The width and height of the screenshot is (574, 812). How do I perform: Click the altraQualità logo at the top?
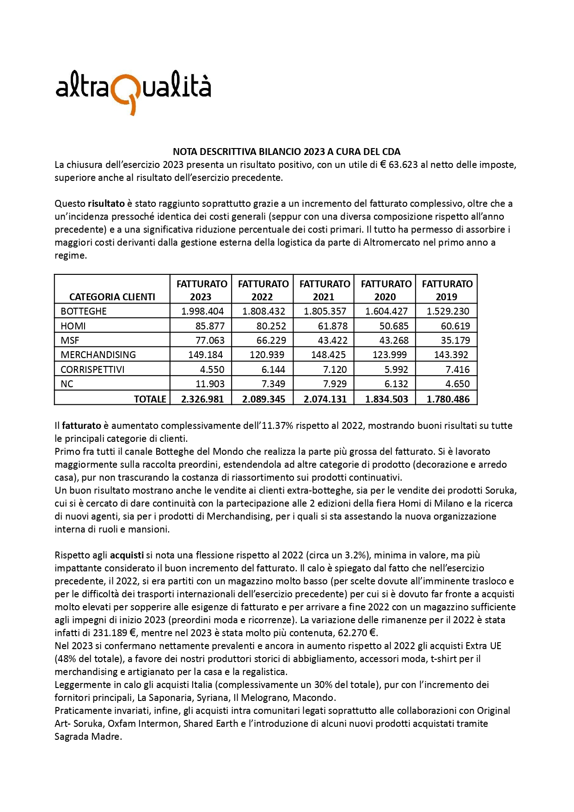133,89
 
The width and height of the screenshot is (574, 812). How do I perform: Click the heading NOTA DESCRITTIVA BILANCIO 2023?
287,151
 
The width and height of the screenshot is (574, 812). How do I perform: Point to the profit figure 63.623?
403,165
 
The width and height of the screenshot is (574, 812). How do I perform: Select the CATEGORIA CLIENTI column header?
112,297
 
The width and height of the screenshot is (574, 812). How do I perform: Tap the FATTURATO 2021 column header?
324,290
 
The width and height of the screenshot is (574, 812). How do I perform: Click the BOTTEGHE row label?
84,311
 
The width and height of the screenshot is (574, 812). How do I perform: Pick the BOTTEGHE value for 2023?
202,311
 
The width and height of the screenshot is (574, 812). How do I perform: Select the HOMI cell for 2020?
394,326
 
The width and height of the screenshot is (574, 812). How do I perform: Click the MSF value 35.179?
455,340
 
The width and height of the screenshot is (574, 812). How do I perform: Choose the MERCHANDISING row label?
98,355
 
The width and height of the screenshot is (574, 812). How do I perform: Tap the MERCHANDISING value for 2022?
264,355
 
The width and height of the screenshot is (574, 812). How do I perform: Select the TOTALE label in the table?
150,399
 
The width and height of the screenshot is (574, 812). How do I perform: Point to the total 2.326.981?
202,399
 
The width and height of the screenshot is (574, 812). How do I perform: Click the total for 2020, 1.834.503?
386,399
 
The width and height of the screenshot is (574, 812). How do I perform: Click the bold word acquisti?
127,555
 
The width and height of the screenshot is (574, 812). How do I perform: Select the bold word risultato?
106,204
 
